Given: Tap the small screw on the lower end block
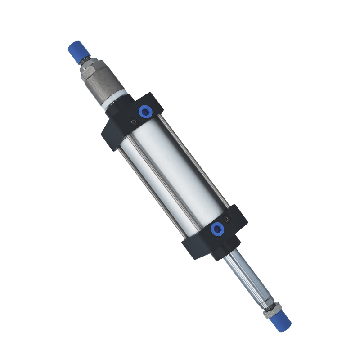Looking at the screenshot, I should click(226, 219).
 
